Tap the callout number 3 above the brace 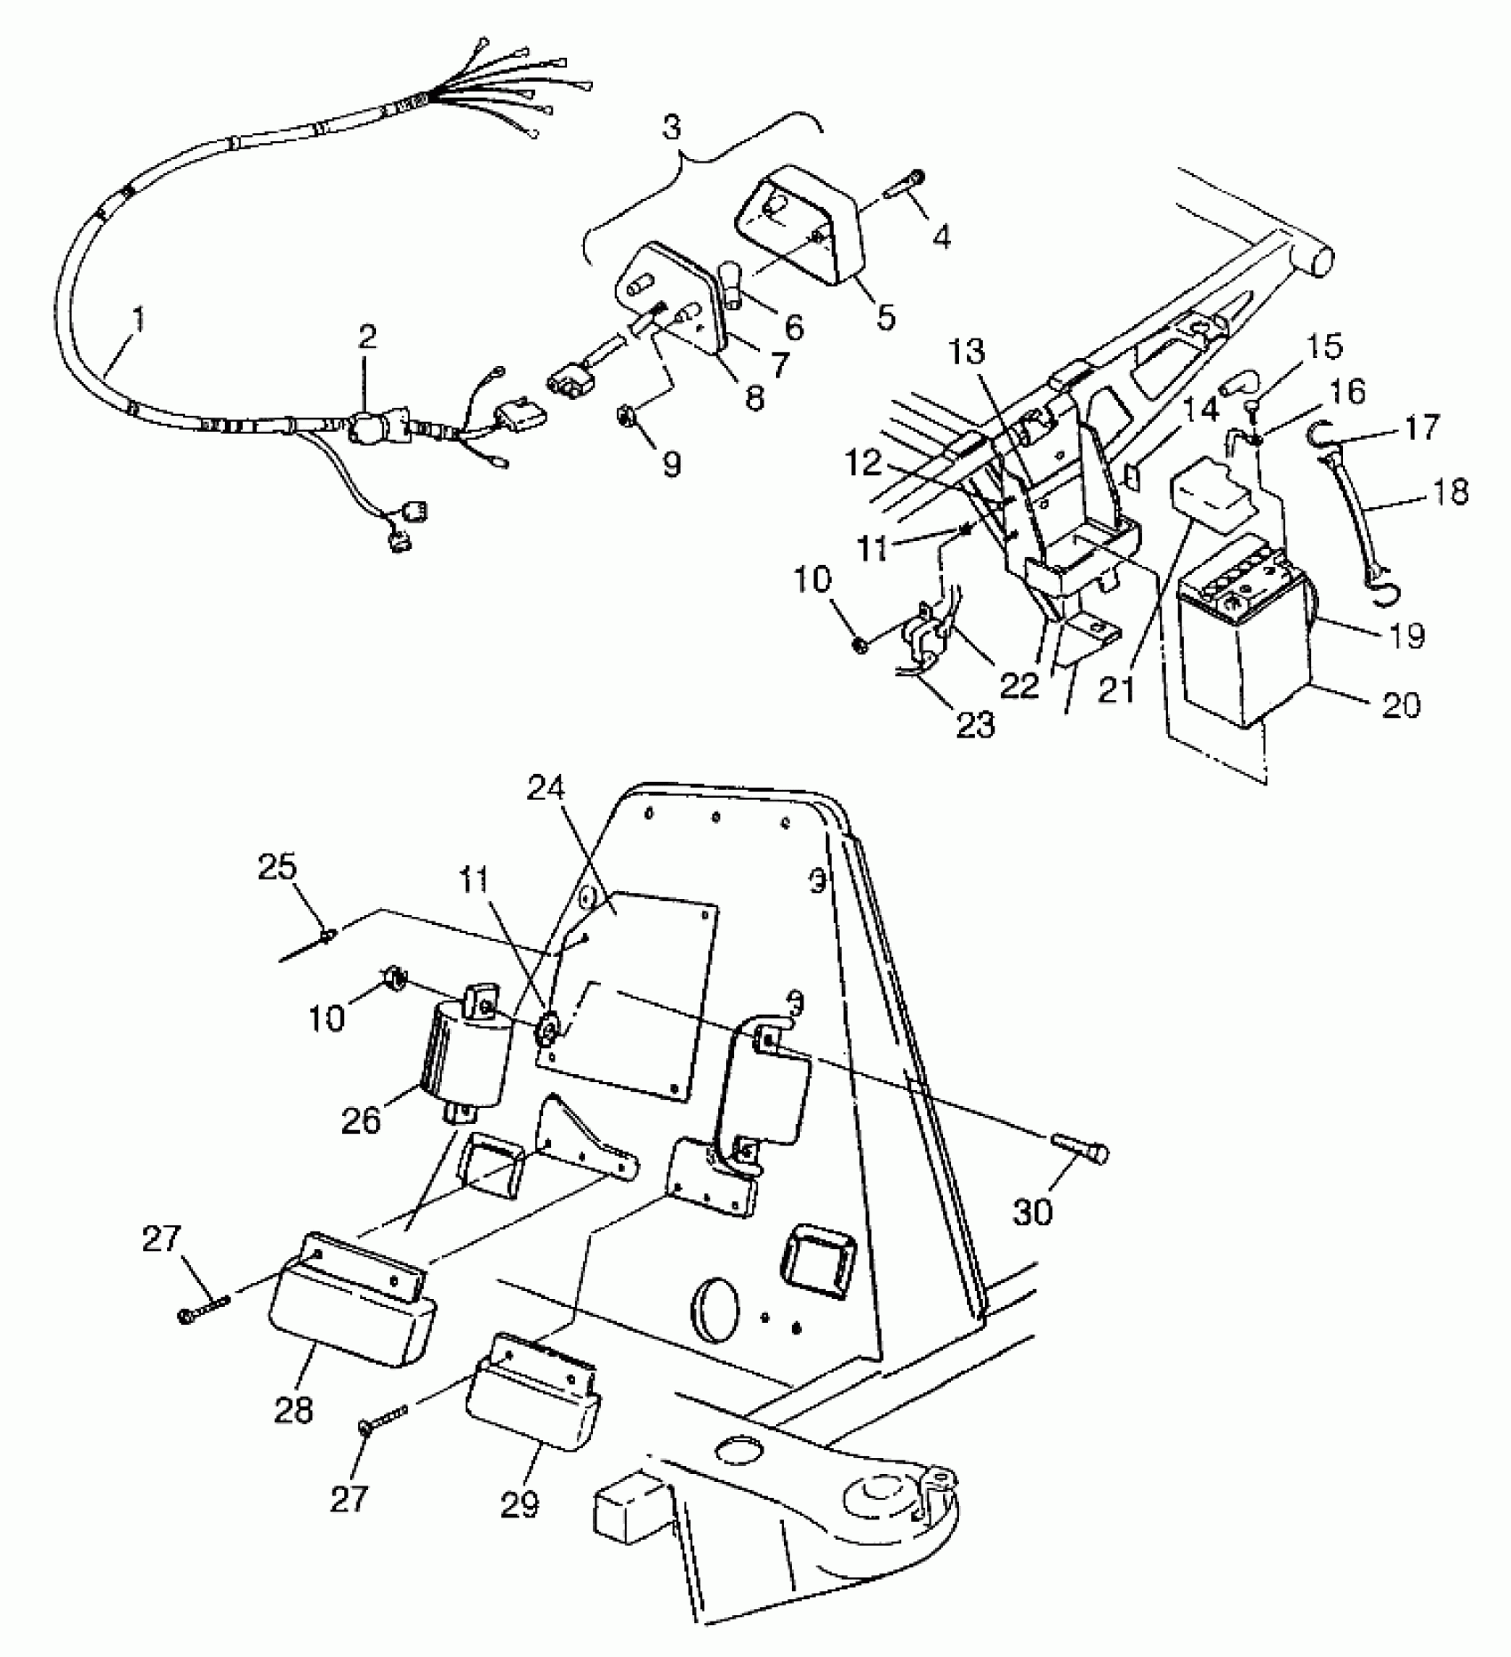coord(673,127)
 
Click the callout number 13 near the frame coord(967,354)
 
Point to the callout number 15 coord(1326,347)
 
